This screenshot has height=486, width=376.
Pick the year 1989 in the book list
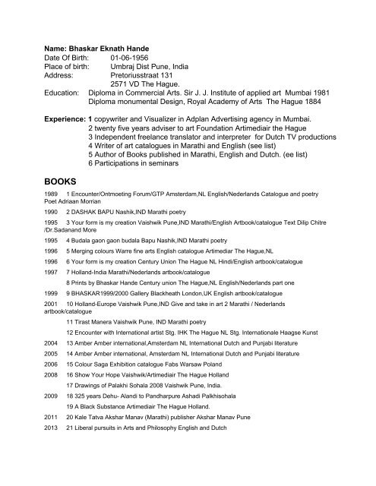pyautogui.click(x=32, y=196)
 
